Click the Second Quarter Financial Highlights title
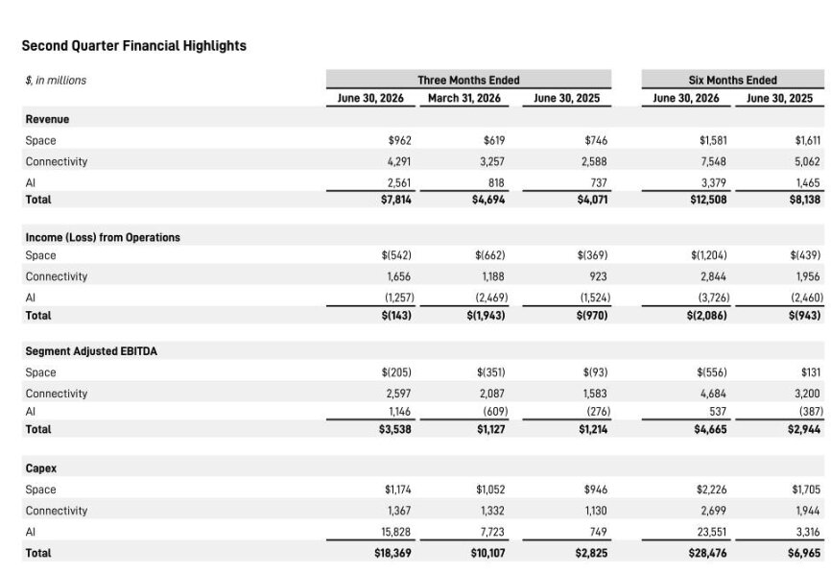pos(134,46)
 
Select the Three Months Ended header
pos(468,80)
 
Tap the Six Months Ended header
pos(732,80)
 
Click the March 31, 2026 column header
pos(464,98)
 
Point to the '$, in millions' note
pos(56,81)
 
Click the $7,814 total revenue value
pos(396,200)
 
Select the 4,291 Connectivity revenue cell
pos(398,161)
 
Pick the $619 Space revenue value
pos(494,140)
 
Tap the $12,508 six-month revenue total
pos(708,200)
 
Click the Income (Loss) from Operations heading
pos(103,237)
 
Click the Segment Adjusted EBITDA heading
pos(91,351)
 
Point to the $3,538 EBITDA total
pos(394,429)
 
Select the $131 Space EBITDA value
pos(810,372)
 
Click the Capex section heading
pos(41,468)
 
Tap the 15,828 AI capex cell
pos(396,532)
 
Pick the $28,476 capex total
pos(707,553)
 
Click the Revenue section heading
pos(47,119)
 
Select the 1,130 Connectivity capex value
pos(595,511)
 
